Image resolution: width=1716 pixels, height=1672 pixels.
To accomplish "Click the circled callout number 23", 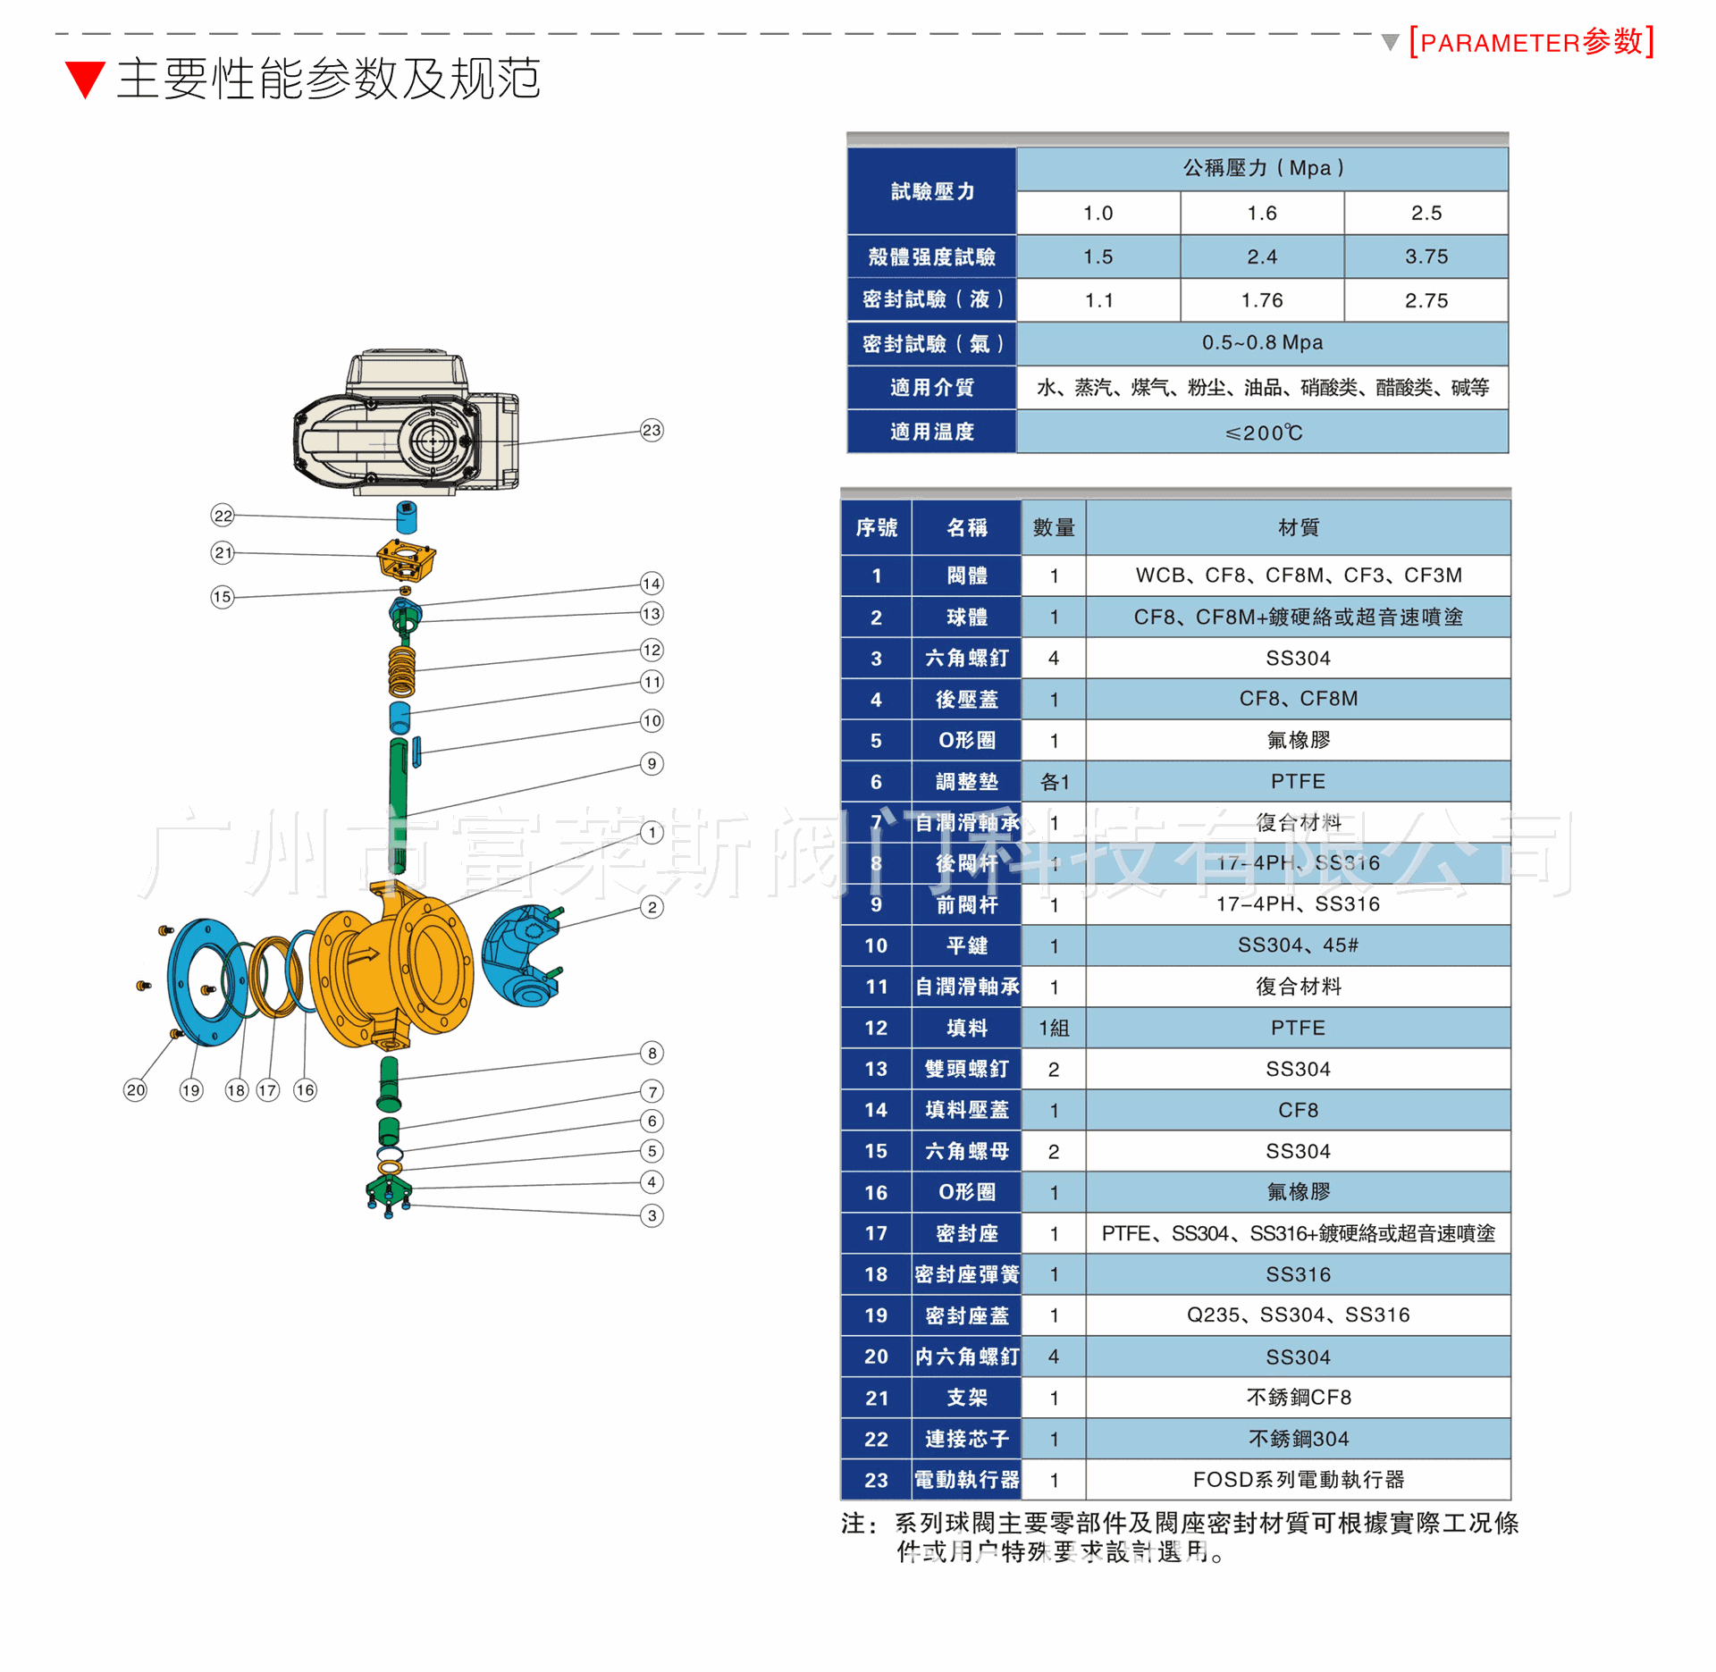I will [652, 431].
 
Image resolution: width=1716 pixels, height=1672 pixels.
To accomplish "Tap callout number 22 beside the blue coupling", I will [223, 516].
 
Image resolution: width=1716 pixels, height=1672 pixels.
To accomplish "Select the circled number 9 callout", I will [652, 764].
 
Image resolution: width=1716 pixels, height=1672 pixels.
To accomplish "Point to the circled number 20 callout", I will [135, 1089].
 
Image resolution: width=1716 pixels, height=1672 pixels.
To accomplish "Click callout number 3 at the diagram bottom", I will [652, 1215].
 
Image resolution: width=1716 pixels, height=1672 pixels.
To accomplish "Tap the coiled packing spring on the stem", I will [402, 670].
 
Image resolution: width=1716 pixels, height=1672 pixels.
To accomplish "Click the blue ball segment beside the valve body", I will [520, 954].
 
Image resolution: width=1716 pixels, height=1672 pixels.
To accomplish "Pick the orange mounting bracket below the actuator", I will [407, 560].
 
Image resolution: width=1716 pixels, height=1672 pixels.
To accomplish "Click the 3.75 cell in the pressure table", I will [1426, 257].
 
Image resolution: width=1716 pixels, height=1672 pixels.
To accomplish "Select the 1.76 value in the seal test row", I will [1261, 301].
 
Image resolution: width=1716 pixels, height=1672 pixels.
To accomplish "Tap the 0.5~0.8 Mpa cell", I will [1261, 343].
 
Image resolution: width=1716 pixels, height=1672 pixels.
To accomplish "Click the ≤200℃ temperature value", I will [1263, 433].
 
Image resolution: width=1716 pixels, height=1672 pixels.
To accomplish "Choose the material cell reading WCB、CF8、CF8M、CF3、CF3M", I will [1298, 576].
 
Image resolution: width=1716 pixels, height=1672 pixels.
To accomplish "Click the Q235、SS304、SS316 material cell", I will [1298, 1315].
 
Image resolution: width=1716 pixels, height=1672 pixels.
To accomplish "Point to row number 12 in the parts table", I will [876, 1029].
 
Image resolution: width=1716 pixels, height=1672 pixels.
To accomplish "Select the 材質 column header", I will [1298, 528].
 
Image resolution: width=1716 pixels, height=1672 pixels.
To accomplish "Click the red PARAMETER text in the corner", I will [1530, 42].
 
